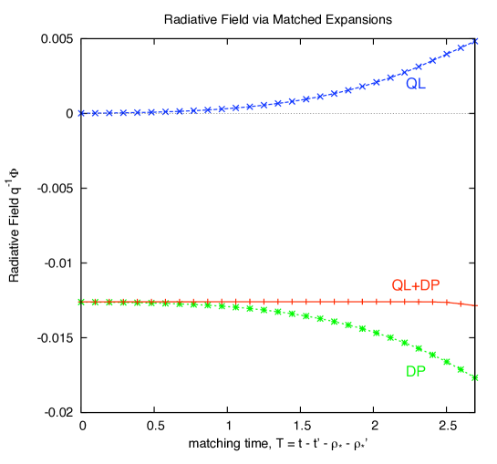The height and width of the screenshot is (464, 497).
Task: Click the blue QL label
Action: click(415, 84)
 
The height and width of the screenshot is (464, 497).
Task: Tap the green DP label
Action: click(415, 372)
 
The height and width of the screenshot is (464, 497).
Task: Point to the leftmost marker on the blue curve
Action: click(81, 113)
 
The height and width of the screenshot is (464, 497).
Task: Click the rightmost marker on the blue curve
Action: click(474, 42)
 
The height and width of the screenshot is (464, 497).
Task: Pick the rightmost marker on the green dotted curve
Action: click(474, 377)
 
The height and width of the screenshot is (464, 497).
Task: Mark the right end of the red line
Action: click(476, 304)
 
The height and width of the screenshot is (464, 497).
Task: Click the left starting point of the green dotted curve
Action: click(81, 302)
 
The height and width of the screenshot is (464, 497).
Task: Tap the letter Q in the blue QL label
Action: click(411, 84)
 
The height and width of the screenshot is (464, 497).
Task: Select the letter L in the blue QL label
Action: click(421, 84)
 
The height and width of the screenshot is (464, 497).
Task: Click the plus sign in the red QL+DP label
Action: click(416, 285)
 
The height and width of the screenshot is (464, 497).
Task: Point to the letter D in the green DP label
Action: click(410, 372)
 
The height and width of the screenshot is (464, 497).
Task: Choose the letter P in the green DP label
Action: click(420, 372)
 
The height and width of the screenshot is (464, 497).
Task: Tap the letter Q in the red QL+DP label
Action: click(397, 285)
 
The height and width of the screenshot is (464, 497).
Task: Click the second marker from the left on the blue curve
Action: click(95, 113)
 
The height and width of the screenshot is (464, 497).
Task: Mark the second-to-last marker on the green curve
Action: click(461, 369)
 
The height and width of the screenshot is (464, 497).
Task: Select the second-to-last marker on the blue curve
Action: click(461, 48)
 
